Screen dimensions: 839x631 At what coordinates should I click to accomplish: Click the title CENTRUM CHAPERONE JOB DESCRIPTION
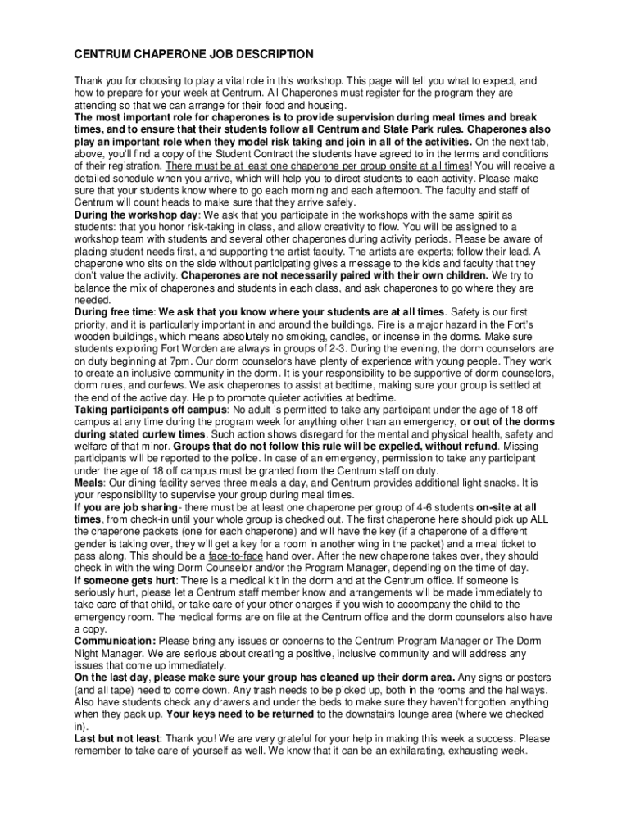194,55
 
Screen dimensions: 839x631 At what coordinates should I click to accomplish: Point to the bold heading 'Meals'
89,483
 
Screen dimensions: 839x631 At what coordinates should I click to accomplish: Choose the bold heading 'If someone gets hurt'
125,581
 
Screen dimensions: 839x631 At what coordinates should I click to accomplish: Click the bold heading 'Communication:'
115,641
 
